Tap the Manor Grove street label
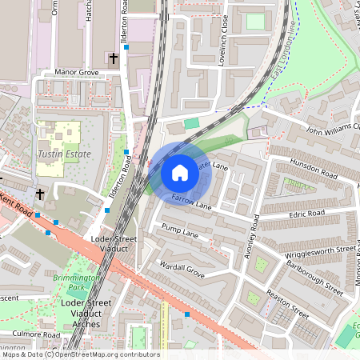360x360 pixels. point(76,72)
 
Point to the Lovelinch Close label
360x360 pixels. point(223,38)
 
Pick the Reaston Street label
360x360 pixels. point(288,304)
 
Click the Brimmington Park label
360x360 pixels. point(87,280)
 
